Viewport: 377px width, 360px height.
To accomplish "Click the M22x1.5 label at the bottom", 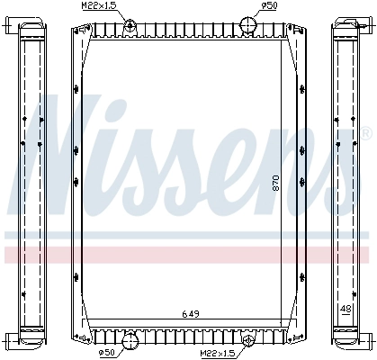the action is (x=218, y=354).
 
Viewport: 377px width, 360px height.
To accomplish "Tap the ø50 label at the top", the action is (x=270, y=5).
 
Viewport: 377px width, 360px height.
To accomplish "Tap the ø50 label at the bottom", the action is (x=106, y=353).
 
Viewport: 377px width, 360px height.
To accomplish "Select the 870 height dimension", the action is (x=276, y=183).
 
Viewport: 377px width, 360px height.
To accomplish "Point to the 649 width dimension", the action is (x=191, y=314).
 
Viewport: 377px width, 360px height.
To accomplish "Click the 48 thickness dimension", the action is (x=346, y=309).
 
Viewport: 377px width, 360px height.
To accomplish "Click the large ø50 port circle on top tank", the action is (x=248, y=25).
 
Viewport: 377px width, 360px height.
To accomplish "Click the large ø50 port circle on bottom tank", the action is (x=130, y=341).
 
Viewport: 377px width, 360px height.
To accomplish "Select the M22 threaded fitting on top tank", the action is (x=130, y=24).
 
